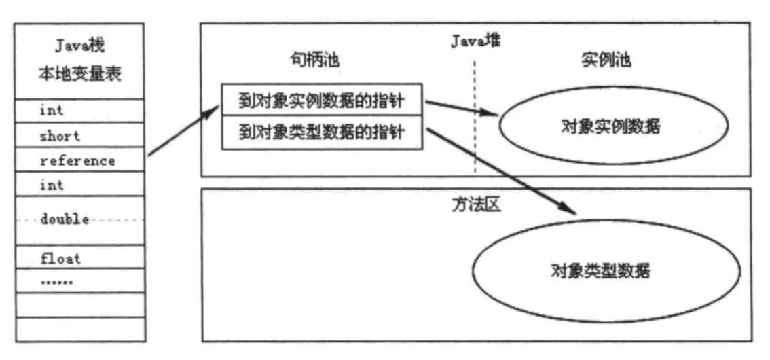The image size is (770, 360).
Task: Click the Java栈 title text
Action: [80, 48]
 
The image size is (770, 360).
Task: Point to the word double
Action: [65, 219]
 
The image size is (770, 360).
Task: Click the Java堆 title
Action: [475, 41]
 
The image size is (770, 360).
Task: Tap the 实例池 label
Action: [606, 60]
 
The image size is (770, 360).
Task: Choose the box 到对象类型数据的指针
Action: [322, 131]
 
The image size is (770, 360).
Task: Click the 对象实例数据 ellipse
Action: [614, 126]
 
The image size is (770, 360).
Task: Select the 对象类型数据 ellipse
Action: [600, 272]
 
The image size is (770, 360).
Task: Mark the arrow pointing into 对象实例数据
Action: [462, 108]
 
